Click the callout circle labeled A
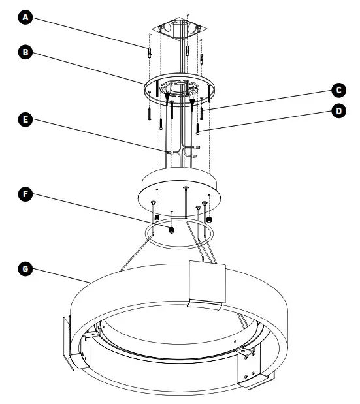click(25, 18)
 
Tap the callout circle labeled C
click(338, 89)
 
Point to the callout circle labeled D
click(338, 111)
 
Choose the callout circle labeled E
click(25, 119)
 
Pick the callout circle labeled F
click(25, 194)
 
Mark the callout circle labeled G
click(25, 268)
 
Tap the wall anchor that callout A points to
click(150, 52)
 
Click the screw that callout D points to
click(197, 129)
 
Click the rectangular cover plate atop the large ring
click(206, 283)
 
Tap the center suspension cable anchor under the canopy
click(186, 189)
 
